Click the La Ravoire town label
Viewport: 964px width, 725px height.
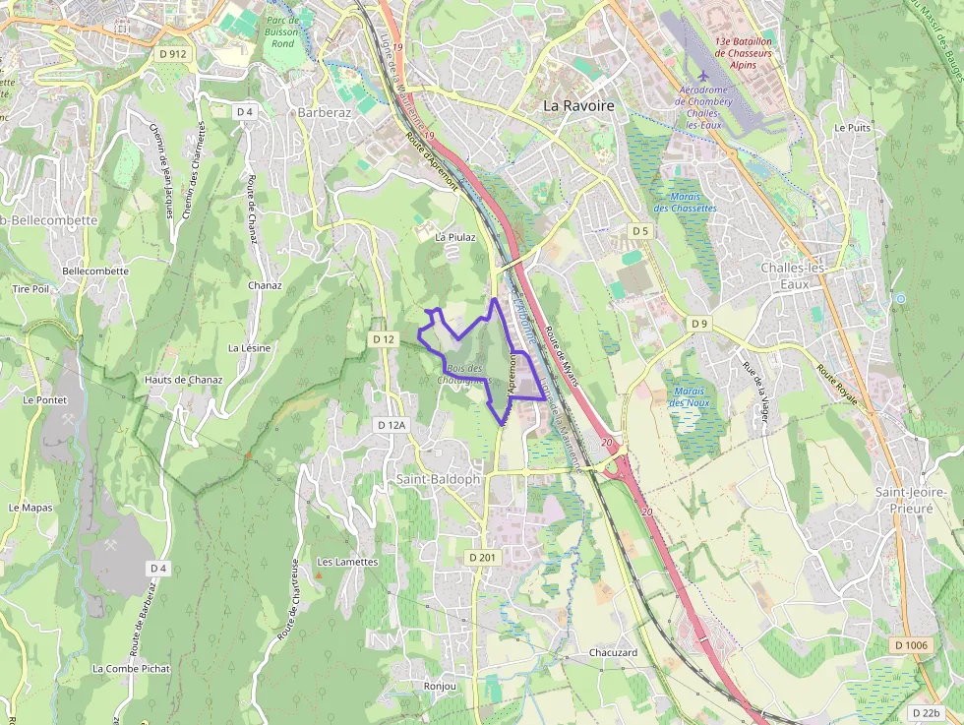pos(578,105)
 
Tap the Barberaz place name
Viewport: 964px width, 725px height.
pos(324,112)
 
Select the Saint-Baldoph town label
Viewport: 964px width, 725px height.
pos(439,479)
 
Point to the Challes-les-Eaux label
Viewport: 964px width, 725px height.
pos(798,275)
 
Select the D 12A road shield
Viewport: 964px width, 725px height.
pos(391,425)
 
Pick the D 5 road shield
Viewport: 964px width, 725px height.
pos(640,231)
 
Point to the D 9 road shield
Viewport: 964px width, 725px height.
pos(698,324)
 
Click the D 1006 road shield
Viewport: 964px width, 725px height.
pos(911,645)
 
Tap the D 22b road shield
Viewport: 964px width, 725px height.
pos(926,713)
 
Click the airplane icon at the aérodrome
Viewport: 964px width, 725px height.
pos(702,76)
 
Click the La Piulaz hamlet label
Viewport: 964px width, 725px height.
pos(454,237)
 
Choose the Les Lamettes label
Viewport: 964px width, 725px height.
pos(347,562)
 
